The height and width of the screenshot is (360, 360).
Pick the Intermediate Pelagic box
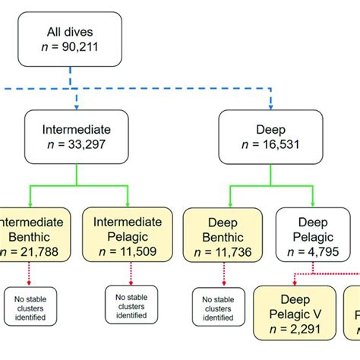tap(128, 234)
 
